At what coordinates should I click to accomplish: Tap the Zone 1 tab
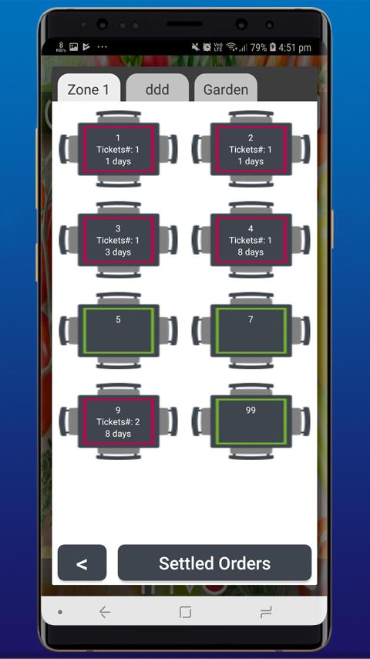[x=89, y=88]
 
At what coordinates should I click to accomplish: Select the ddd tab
[x=157, y=88]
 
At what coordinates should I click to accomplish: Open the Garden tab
[x=226, y=88]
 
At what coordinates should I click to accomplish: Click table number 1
[x=119, y=149]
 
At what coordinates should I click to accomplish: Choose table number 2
[x=251, y=149]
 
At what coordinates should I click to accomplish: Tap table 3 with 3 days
[x=119, y=240]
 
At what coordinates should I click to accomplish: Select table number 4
[x=251, y=240]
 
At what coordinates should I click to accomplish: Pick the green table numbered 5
[x=119, y=331]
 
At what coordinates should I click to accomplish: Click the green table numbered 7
[x=251, y=331]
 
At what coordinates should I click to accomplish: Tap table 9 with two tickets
[x=119, y=421]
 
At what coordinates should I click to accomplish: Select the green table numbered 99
[x=251, y=421]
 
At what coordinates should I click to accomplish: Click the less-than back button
[x=82, y=563]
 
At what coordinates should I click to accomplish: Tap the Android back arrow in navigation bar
[x=105, y=612]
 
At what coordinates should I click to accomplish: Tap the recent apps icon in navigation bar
[x=266, y=612]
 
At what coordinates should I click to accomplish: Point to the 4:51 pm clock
[x=294, y=48]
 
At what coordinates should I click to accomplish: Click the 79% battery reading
[x=259, y=48]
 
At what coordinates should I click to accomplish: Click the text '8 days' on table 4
[x=251, y=252]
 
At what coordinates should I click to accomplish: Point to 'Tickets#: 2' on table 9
[x=118, y=421]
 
